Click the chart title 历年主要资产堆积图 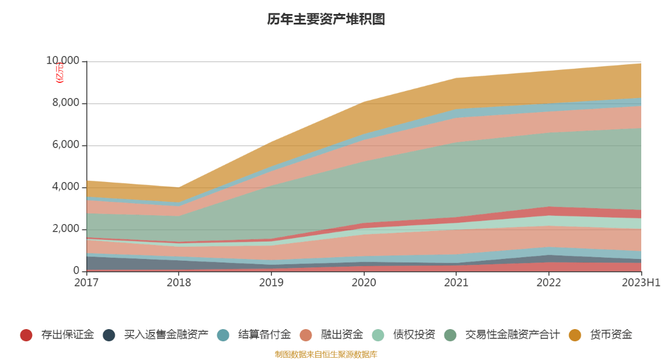(x=326, y=19)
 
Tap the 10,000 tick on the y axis (x=62, y=61)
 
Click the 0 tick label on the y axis (x=76, y=271)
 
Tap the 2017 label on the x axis (x=86, y=283)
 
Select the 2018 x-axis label (x=179, y=283)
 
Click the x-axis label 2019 (x=271, y=283)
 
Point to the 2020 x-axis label (x=364, y=283)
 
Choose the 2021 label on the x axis (x=456, y=283)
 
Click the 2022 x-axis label (x=548, y=283)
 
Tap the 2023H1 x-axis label (x=641, y=283)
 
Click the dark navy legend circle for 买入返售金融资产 (x=109, y=335)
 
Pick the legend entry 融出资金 (x=341, y=335)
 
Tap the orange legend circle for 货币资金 (x=575, y=335)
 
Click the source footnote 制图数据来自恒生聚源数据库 (x=326, y=354)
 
